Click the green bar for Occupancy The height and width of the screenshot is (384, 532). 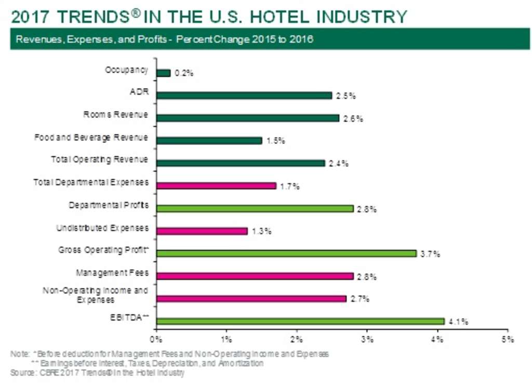click(x=163, y=73)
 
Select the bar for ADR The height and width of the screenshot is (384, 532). click(x=244, y=96)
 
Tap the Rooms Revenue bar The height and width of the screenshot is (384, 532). click(x=247, y=118)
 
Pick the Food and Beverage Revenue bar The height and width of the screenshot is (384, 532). click(x=209, y=140)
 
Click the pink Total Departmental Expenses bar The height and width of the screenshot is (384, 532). click(x=216, y=186)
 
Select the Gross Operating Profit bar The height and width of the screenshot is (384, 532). click(x=286, y=254)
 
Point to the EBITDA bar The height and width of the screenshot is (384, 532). click(x=300, y=321)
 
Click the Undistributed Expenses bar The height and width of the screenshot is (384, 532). click(x=202, y=231)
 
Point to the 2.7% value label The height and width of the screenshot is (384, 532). click(x=361, y=299)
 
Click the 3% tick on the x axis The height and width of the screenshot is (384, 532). click(x=367, y=339)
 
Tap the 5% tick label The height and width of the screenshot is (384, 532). click(x=508, y=339)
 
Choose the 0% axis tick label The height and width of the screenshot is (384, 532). click(x=156, y=339)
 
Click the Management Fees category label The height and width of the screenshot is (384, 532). click(x=112, y=273)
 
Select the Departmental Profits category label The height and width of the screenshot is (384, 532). click(x=109, y=205)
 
